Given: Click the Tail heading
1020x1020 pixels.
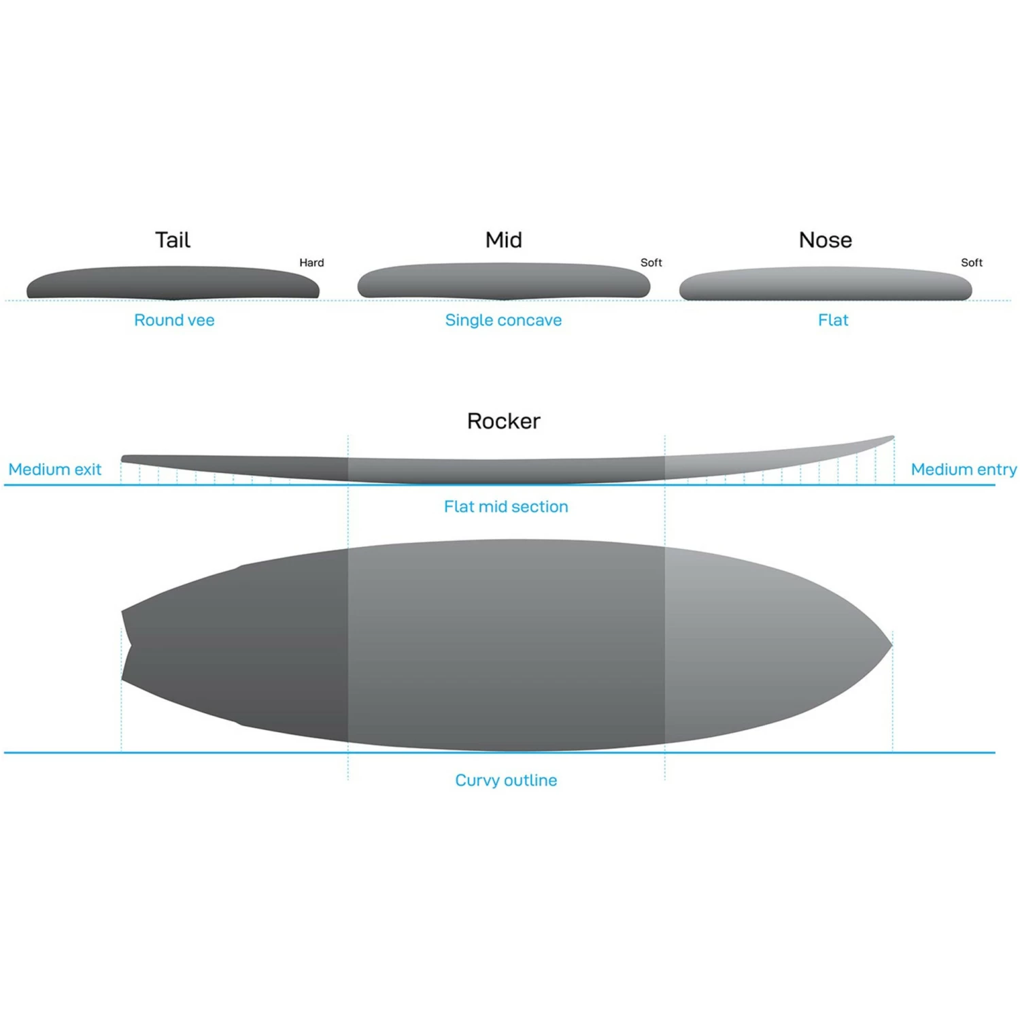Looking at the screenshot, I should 173,240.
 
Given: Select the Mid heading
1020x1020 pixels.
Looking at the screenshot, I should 504,240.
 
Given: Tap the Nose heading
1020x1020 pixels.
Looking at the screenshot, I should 826,240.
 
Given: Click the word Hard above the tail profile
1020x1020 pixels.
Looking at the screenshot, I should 311,263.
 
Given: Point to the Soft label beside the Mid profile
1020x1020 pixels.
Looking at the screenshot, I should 651,263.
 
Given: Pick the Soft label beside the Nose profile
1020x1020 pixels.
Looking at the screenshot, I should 972,263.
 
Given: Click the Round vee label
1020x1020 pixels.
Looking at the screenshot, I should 174,320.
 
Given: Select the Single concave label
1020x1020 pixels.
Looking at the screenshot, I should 503,320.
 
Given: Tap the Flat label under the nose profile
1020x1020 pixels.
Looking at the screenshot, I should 833,320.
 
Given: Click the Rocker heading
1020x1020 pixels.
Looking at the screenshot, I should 504,421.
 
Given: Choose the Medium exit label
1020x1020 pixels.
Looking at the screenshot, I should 55,470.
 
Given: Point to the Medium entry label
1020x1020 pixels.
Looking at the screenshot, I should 964,470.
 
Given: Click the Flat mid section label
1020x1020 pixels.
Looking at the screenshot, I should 506,506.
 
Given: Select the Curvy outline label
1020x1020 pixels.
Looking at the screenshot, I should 506,780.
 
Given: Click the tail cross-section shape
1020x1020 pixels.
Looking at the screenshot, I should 173,283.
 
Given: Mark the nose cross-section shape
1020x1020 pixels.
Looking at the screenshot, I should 826,284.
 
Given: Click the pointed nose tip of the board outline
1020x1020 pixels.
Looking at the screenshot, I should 890,644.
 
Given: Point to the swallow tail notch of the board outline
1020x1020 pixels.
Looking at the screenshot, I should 129,645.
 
